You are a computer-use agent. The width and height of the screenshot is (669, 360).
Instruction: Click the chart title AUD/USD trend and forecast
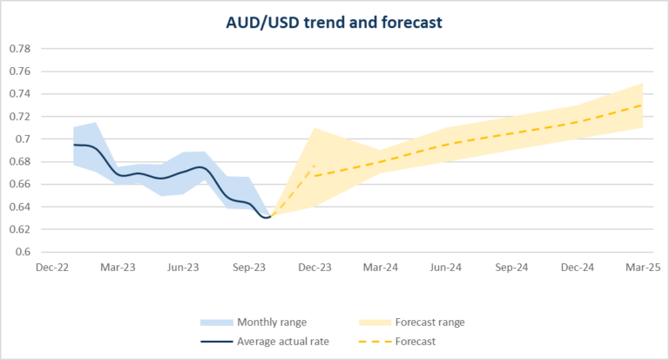(334, 22)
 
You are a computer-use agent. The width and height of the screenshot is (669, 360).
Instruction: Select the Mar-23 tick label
(118, 268)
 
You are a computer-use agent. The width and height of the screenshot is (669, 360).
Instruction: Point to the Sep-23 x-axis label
(250, 268)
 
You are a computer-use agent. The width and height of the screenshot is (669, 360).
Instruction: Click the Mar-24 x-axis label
(381, 268)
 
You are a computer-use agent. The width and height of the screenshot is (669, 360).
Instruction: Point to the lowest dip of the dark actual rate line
(267, 217)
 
